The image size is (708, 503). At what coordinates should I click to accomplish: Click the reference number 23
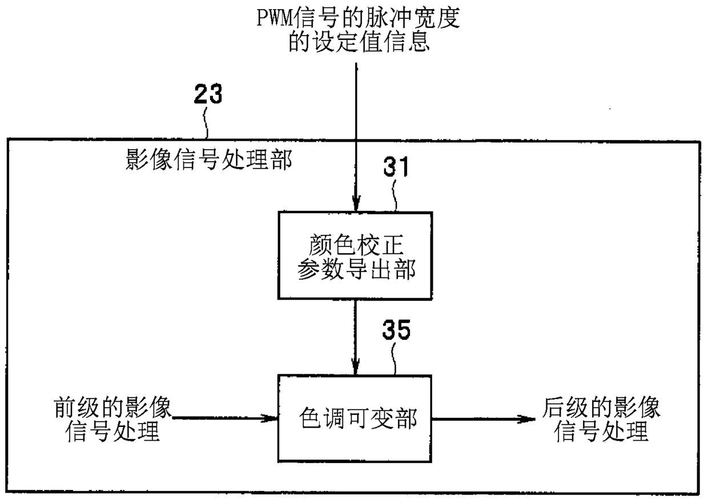208,94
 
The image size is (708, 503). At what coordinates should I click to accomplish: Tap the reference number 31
396,166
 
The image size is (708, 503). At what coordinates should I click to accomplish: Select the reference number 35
396,330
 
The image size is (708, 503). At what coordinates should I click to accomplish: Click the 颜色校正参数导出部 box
355,256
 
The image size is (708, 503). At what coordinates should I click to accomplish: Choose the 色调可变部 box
355,419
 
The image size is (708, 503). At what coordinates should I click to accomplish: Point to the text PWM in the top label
274,18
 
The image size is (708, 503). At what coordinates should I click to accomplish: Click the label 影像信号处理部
208,159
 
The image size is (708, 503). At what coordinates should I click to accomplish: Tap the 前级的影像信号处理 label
112,419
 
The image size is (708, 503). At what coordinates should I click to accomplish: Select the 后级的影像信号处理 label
601,419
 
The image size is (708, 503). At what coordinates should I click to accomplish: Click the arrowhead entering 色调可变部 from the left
269,418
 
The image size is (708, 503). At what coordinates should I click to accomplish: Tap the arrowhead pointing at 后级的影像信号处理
526,420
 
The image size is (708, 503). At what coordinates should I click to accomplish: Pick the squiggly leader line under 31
395,195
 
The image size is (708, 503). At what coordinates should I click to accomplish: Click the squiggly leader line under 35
394,360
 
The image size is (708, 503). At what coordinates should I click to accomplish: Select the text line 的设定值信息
359,42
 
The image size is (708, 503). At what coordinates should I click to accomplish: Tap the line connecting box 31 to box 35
356,337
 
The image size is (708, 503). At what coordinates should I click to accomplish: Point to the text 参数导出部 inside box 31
356,269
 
